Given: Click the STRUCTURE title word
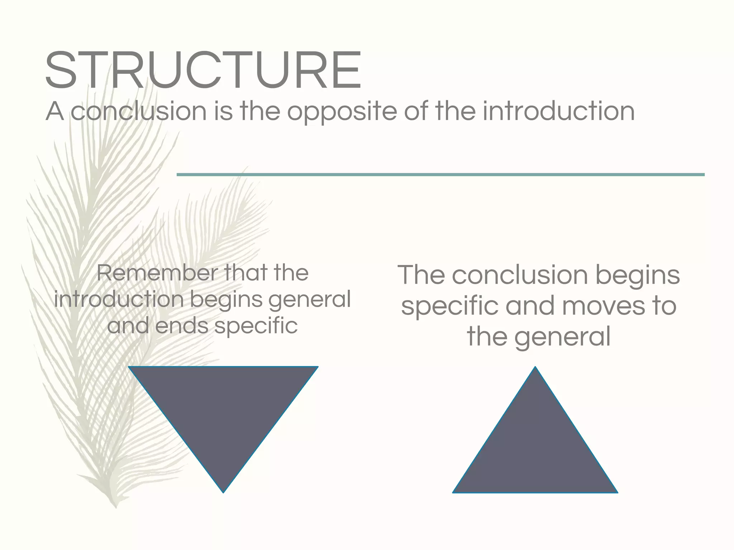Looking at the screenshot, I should coord(203,70).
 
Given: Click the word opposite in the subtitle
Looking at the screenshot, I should coord(342,112).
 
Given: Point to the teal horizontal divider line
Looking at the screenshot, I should coord(440,175).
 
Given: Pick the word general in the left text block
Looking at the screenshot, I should coord(310,300).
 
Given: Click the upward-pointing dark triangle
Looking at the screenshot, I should coord(535,451).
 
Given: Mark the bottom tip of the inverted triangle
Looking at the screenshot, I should coord(223,492).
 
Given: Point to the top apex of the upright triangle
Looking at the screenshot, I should coord(535,367).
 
